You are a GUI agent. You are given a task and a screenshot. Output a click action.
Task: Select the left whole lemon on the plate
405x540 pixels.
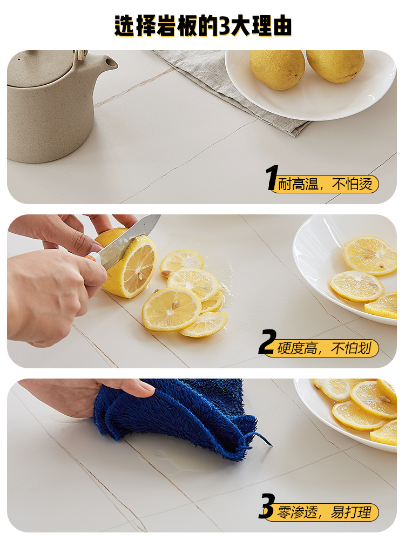277,69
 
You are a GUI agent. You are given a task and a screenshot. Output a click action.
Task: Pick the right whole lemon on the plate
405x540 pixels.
335,65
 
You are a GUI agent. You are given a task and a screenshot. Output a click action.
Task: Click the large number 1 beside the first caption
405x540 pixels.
272,177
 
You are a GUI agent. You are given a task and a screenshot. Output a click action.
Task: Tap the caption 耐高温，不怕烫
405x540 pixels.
325,184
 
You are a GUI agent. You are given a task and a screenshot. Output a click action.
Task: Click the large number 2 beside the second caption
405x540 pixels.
267,342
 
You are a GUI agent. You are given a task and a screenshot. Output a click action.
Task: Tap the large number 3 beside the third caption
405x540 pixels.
267,506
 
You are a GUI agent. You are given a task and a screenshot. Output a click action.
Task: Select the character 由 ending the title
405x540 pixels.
282,26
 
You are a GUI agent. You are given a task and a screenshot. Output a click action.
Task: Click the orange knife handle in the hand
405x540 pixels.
91,256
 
